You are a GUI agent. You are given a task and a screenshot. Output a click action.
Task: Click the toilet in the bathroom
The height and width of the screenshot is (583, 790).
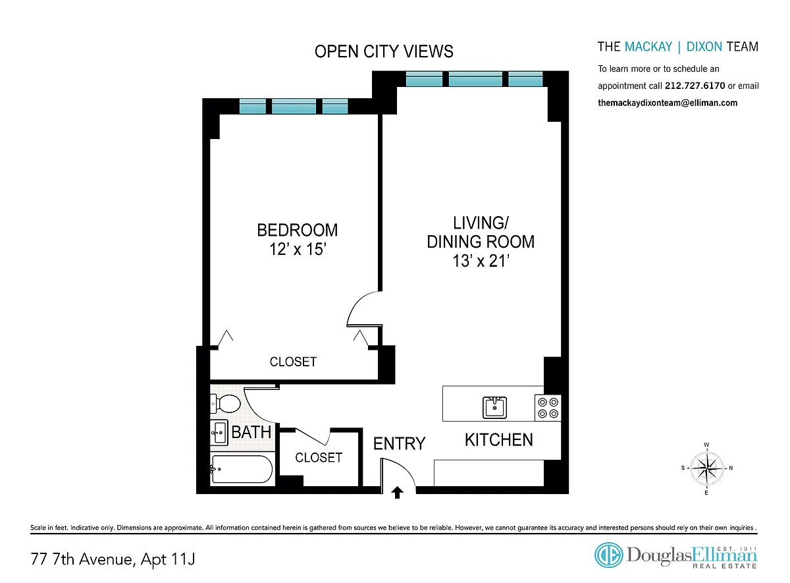click(225, 403)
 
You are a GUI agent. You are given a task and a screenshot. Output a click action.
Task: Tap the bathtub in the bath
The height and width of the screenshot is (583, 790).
click(242, 469)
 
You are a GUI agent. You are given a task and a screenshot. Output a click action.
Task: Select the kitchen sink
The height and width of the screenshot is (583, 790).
click(494, 407)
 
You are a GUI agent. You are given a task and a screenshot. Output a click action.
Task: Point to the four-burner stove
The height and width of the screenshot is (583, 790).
click(548, 408)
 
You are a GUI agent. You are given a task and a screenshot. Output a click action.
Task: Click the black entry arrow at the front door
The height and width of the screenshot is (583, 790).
click(397, 492)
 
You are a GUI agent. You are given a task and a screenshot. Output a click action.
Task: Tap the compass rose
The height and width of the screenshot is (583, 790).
click(706, 468)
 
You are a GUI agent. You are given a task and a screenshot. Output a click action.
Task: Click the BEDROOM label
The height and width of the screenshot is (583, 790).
click(298, 230)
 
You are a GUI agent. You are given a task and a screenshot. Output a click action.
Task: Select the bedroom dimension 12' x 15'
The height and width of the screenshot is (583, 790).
click(298, 249)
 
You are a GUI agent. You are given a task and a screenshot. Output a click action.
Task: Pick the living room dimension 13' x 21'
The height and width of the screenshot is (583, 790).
click(481, 261)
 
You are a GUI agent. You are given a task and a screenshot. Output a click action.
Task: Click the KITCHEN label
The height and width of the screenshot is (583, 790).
click(499, 440)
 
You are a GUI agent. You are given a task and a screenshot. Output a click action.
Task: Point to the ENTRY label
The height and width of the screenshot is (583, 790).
click(399, 443)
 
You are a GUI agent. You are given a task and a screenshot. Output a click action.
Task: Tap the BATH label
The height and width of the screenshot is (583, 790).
click(251, 432)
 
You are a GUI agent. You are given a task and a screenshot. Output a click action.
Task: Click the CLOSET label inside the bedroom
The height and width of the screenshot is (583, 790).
click(293, 362)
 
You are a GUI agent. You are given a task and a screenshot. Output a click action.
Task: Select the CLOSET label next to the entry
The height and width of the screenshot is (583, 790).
click(319, 458)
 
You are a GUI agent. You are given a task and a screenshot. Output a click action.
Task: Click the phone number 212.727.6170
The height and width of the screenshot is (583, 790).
click(695, 86)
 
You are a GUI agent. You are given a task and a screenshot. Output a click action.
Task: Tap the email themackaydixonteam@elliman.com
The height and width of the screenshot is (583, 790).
click(668, 103)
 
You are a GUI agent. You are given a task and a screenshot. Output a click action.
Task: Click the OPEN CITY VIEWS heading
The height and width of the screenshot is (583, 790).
click(384, 51)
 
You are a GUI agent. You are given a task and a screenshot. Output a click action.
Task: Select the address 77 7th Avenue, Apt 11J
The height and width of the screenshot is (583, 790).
click(113, 559)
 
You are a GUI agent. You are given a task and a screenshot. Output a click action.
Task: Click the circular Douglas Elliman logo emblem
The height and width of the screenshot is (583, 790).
click(609, 555)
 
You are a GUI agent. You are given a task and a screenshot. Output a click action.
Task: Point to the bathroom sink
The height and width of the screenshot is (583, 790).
click(219, 432)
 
